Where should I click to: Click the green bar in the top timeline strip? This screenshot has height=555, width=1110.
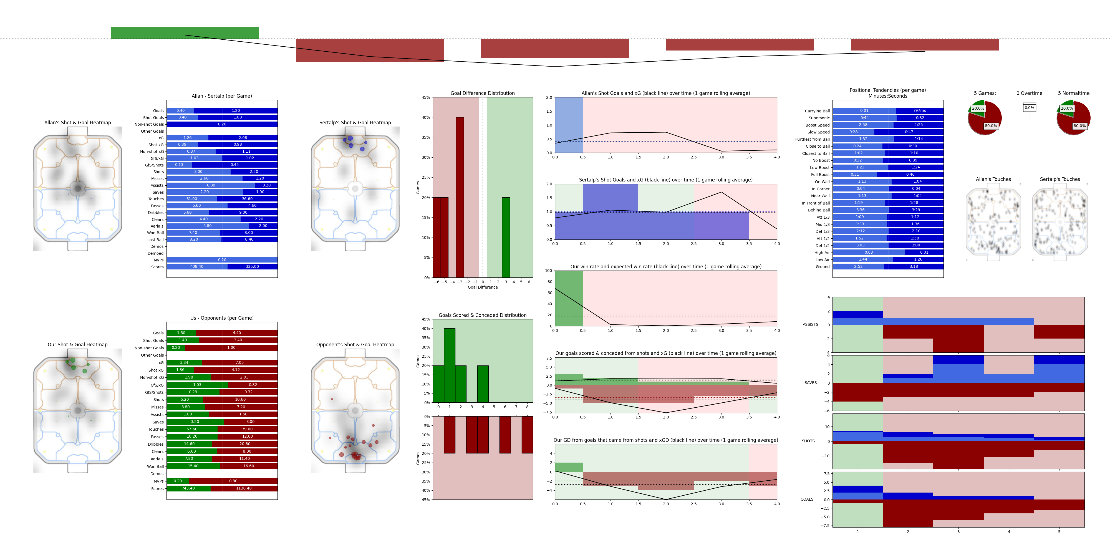click(x=185, y=33)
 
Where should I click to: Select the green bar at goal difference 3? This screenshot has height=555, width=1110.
click(x=506, y=237)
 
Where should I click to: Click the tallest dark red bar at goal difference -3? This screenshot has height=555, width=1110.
click(x=460, y=197)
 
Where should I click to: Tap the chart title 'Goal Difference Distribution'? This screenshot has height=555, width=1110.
click(x=482, y=93)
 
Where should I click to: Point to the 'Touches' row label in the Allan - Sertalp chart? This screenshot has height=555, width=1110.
click(x=156, y=199)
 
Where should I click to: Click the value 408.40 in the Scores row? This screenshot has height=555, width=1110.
click(x=197, y=267)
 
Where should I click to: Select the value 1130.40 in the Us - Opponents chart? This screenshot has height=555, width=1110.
click(x=244, y=488)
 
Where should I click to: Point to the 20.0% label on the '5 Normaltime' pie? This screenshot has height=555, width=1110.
click(x=1066, y=109)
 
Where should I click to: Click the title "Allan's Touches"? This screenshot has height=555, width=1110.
click(x=993, y=179)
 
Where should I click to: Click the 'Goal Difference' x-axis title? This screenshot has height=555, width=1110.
click(x=483, y=287)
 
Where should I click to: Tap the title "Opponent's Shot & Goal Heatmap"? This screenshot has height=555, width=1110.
click(x=355, y=345)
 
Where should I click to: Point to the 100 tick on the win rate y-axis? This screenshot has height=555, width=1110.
click(x=549, y=271)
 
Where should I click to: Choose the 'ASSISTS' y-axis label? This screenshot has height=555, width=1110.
click(x=810, y=324)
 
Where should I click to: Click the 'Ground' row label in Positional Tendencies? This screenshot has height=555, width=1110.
click(x=822, y=267)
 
